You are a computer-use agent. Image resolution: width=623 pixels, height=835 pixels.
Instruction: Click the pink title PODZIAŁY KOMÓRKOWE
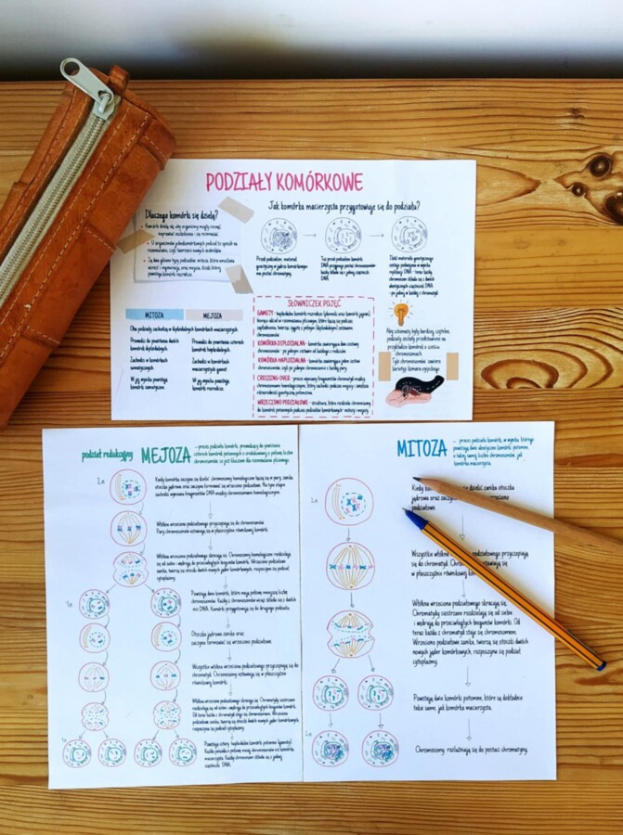(284, 182)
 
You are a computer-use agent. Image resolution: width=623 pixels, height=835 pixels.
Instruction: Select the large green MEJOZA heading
(166, 456)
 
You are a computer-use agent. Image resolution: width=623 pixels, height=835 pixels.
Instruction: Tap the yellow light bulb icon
(401, 314)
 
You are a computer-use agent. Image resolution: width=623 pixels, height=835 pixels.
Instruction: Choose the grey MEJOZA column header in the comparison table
(214, 315)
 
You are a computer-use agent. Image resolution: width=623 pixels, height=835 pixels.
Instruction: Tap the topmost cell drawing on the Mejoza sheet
(127, 486)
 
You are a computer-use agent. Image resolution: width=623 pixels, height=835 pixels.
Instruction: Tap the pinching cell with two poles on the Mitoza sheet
(350, 634)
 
